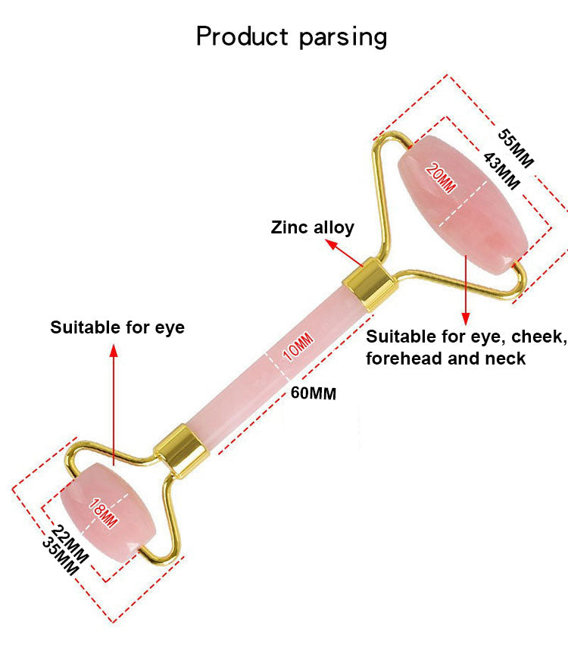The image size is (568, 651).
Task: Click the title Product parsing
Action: pyautogui.click(x=292, y=36)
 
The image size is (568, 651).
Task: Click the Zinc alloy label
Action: pyautogui.click(x=312, y=227)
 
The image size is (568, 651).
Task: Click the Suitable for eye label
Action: pyautogui.click(x=117, y=327)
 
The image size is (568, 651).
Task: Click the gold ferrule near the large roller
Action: pyautogui.click(x=370, y=282)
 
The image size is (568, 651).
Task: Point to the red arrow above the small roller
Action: pyautogui.click(x=114, y=402)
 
